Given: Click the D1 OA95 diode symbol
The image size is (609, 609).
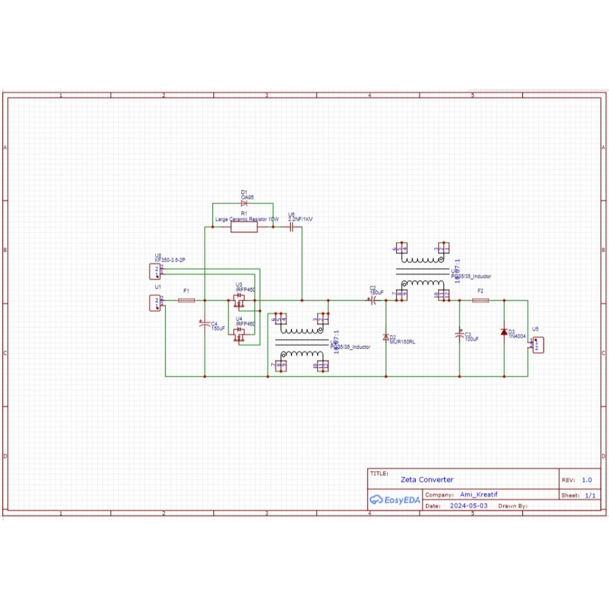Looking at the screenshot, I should [244, 203].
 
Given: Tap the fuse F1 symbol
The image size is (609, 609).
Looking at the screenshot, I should [186, 301].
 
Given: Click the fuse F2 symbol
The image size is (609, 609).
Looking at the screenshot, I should [481, 301].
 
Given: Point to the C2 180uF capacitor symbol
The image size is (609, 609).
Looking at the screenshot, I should [373, 301].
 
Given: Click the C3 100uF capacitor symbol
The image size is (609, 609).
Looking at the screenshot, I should [459, 335].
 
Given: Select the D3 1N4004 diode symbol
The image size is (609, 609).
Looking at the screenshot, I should [504, 332].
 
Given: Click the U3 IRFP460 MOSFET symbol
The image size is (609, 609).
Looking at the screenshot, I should [240, 301].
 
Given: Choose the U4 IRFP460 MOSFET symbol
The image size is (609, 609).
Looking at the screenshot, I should [240, 337].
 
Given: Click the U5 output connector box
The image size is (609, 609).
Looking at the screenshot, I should [537, 345].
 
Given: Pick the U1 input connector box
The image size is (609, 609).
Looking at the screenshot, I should [155, 303].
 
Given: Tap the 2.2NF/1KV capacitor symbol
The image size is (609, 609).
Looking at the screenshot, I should [291, 228].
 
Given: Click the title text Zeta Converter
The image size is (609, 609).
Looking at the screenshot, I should [426, 479].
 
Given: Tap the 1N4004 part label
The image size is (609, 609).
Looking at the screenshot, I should [517, 337].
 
